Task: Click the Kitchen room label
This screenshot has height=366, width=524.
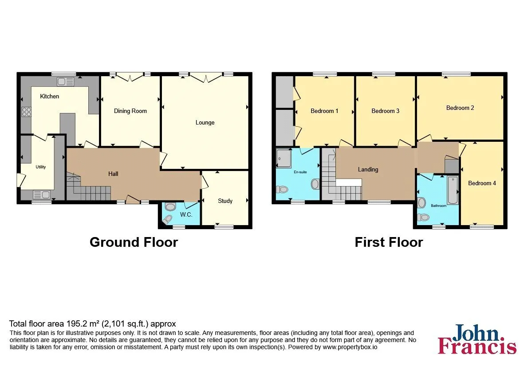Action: [49, 97]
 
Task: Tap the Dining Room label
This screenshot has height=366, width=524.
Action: [130, 111]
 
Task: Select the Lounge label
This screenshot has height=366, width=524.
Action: [205, 122]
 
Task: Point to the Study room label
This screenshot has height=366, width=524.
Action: [225, 201]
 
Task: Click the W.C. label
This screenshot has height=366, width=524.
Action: [186, 214]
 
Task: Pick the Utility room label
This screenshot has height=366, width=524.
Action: [41, 167]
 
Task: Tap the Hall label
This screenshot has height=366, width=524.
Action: [113, 174]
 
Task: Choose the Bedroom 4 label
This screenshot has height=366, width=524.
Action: [482, 183]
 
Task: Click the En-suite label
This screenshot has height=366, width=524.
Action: [300, 172]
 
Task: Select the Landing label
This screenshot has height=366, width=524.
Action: [368, 170]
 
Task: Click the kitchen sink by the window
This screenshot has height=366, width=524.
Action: [65, 81]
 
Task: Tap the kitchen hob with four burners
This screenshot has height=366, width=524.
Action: [27, 112]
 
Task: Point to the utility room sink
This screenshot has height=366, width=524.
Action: [41, 194]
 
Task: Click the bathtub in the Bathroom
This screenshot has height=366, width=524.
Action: [453, 190]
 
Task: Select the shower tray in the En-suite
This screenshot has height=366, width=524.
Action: [284, 158]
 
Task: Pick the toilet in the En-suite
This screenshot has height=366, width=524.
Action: [282, 190]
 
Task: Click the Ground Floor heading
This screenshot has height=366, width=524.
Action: [134, 242]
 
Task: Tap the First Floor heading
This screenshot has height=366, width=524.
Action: [389, 242]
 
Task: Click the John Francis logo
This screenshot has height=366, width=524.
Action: [477, 339]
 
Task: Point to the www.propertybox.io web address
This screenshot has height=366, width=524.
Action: [350, 347]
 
